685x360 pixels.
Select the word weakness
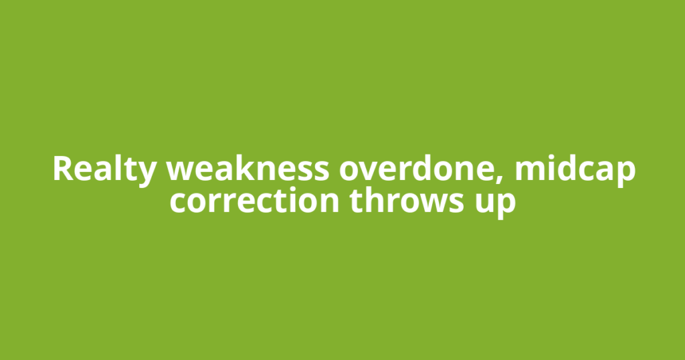pos(248,168)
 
